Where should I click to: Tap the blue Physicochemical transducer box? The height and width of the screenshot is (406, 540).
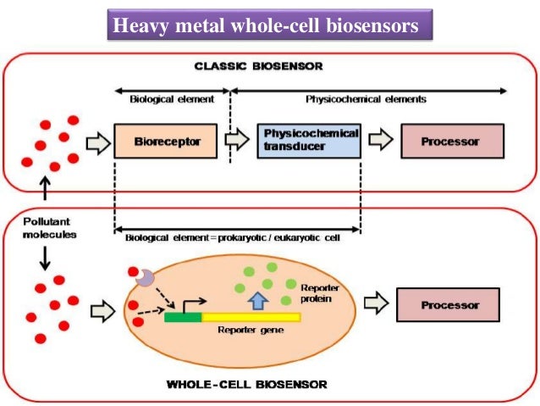(x=311, y=141)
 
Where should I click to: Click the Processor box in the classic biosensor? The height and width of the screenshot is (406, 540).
(x=452, y=142)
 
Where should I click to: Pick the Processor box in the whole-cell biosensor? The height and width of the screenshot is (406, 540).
(x=448, y=304)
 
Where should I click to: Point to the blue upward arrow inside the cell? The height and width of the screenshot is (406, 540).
(x=258, y=299)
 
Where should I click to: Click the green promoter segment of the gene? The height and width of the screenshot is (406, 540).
(x=183, y=317)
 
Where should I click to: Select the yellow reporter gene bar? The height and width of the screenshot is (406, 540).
(x=251, y=317)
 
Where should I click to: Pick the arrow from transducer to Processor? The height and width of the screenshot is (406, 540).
(x=381, y=141)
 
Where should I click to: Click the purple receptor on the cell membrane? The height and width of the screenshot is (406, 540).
(x=146, y=277)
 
